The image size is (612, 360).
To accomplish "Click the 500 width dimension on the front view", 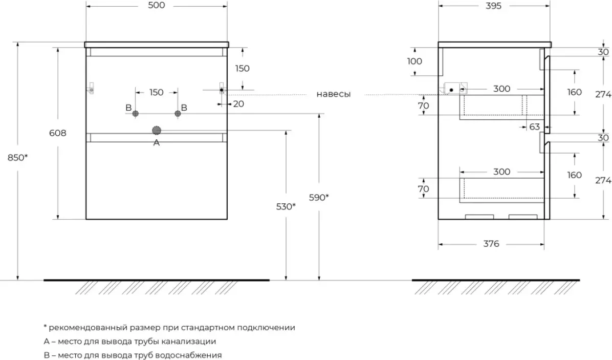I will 157,6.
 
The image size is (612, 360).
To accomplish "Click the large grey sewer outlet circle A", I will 157,131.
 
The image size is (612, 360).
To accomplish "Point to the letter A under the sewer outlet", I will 157,143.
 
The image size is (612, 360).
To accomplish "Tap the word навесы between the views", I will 333,94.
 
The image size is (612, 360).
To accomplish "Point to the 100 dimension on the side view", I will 414,61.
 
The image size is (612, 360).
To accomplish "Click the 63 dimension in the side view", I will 534,126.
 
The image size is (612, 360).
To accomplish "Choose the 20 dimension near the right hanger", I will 238,104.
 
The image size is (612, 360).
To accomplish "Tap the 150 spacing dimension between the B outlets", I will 156,93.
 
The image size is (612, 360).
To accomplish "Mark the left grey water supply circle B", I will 136,113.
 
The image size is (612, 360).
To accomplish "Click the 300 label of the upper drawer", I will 501,89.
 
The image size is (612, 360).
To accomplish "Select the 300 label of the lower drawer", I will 501,172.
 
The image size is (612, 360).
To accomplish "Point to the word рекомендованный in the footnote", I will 82,327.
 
